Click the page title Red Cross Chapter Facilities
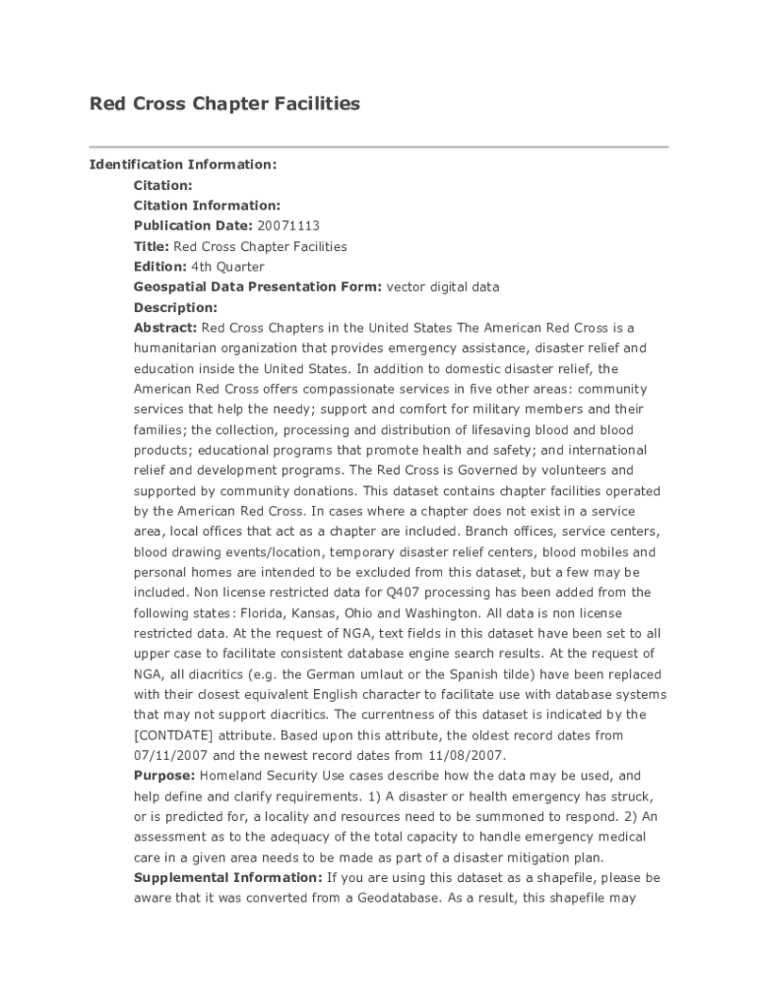point(224,103)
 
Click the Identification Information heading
point(183,164)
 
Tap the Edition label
point(159,267)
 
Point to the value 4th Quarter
point(227,267)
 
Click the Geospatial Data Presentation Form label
point(257,287)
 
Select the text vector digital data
point(442,287)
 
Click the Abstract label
point(165,328)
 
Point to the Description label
point(175,308)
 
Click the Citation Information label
point(207,206)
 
